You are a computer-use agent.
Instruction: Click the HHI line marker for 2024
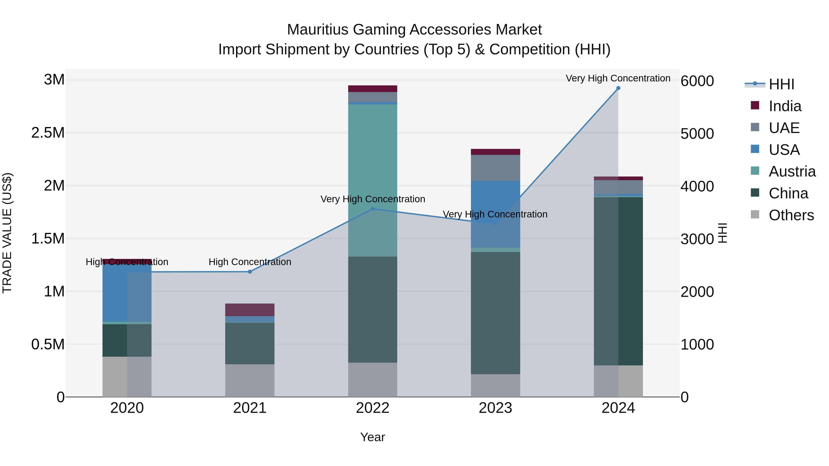click(618, 88)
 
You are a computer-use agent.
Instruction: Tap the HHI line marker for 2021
click(250, 272)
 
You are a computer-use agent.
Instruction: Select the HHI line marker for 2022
click(373, 209)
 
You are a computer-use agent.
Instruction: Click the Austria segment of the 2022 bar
click(373, 180)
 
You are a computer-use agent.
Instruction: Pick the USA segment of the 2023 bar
click(495, 214)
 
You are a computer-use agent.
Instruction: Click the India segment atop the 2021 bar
click(250, 310)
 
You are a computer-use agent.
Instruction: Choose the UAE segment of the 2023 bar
click(495, 168)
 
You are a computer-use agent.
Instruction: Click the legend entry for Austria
click(792, 171)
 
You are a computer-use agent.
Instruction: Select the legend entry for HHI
click(781, 84)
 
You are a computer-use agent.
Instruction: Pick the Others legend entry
click(791, 215)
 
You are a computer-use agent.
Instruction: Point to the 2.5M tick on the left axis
click(48, 133)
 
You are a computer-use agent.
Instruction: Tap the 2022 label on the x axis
click(373, 408)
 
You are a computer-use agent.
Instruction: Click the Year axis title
click(373, 437)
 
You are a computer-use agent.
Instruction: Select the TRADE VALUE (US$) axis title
click(7, 233)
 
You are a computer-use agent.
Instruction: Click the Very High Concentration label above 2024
click(618, 78)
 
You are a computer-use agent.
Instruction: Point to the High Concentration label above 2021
click(250, 262)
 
